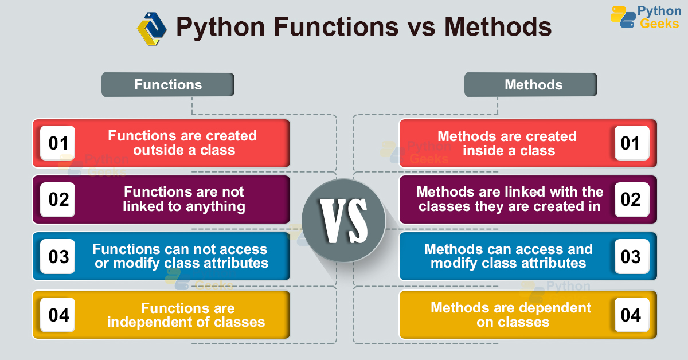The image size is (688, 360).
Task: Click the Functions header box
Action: click(168, 85)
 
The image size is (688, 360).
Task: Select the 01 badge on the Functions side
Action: click(58, 143)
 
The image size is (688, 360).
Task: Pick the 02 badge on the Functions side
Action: click(58, 199)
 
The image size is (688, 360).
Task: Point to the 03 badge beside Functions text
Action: click(58, 256)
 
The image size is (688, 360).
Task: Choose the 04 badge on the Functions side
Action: click(58, 315)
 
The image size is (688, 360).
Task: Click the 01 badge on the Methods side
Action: click(631, 143)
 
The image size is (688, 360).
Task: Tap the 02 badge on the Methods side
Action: click(631, 199)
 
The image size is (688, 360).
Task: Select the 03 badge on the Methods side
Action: click(631, 256)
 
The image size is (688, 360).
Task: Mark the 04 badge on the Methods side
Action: click(631, 315)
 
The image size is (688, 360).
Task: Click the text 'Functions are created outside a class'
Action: click(183, 143)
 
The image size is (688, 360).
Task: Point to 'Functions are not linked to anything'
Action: click(184, 199)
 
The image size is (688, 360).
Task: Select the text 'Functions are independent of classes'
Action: click(186, 315)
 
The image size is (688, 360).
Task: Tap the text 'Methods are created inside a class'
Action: click(507, 143)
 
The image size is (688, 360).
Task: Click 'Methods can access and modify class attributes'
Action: click(509, 256)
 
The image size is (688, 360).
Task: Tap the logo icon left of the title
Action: click(151, 28)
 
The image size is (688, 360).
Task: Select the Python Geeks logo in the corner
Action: click(645, 17)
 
